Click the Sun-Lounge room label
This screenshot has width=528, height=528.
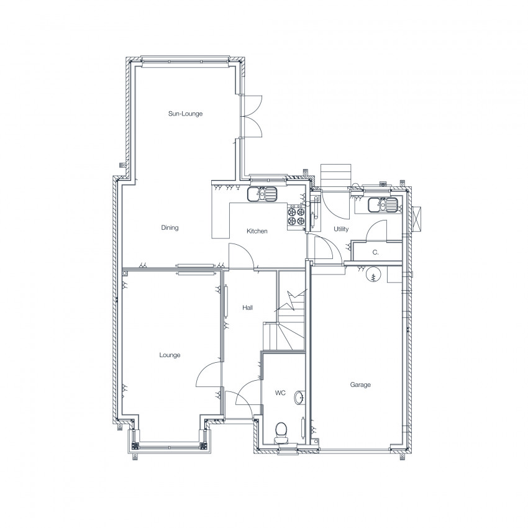coord(186,114)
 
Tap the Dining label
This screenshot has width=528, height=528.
coord(170,228)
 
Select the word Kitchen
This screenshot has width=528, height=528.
coord(257,231)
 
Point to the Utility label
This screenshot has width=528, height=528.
coord(341,229)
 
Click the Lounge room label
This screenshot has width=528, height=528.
coord(170,355)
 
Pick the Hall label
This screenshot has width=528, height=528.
coord(247,307)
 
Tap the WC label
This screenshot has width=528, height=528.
coord(280,393)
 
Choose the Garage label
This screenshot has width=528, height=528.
coord(360,385)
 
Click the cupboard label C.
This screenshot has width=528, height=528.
coord(375,252)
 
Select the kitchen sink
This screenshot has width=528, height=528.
coord(262,194)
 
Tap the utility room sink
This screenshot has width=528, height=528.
coord(383,205)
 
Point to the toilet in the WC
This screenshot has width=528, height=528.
coord(281,434)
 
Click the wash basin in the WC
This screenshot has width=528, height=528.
coord(299,398)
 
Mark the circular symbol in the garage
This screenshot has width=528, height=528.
coord(373,275)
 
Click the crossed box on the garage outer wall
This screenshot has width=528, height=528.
coord(417,219)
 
